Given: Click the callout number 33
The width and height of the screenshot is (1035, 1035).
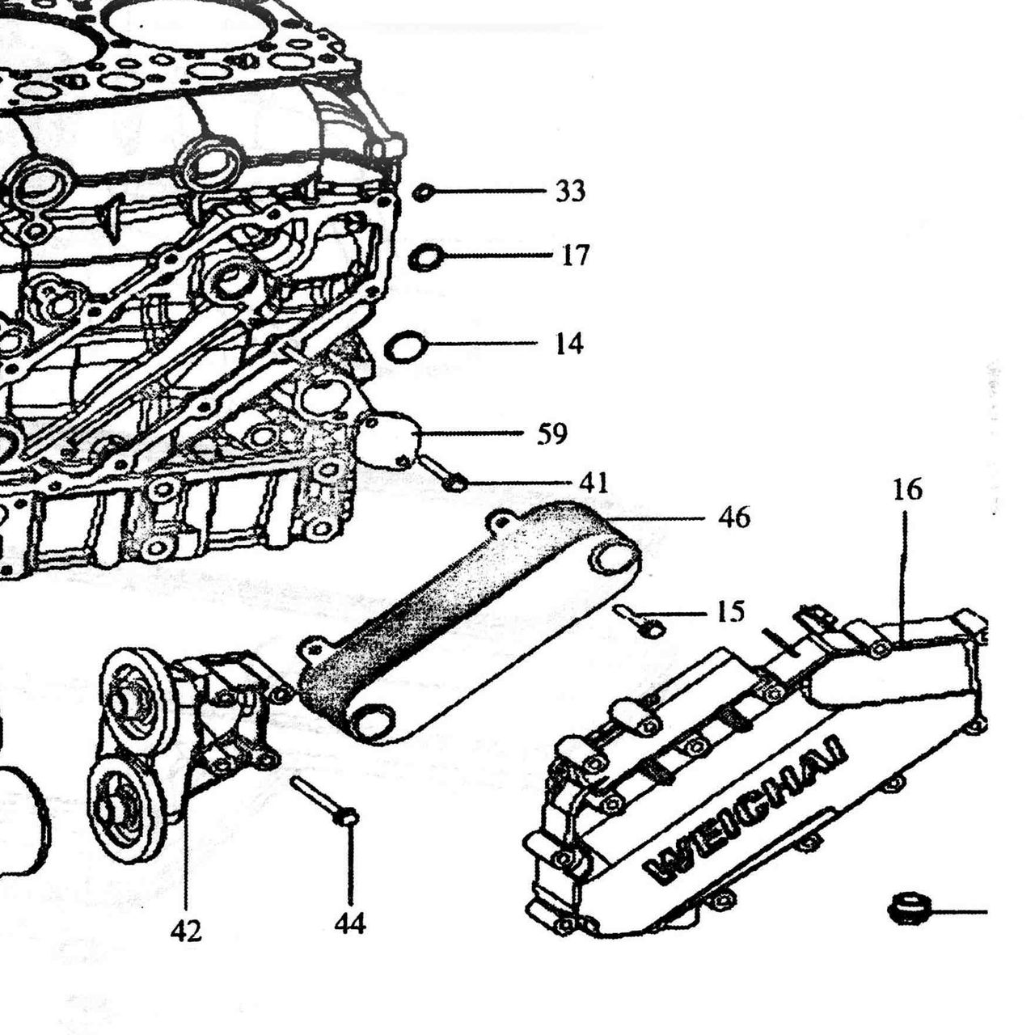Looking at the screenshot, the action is click(x=570, y=191).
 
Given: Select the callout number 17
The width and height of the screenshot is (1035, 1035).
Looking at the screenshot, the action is click(x=575, y=255).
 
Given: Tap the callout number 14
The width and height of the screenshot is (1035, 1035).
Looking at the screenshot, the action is click(x=568, y=344).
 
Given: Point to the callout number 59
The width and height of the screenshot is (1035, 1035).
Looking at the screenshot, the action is click(x=552, y=433).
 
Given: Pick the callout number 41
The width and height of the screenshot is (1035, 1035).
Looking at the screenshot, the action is click(x=594, y=482).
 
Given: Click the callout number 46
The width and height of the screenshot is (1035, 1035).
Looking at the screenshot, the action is click(x=734, y=517).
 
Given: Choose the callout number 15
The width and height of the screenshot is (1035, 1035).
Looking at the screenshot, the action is click(x=730, y=611).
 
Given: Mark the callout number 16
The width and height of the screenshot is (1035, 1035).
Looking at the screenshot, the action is click(x=908, y=490).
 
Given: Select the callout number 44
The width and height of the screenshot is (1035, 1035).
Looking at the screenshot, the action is click(x=349, y=924).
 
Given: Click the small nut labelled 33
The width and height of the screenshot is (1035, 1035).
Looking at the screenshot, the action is click(x=424, y=192).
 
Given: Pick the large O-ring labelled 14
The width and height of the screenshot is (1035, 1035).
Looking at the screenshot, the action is click(x=406, y=347).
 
